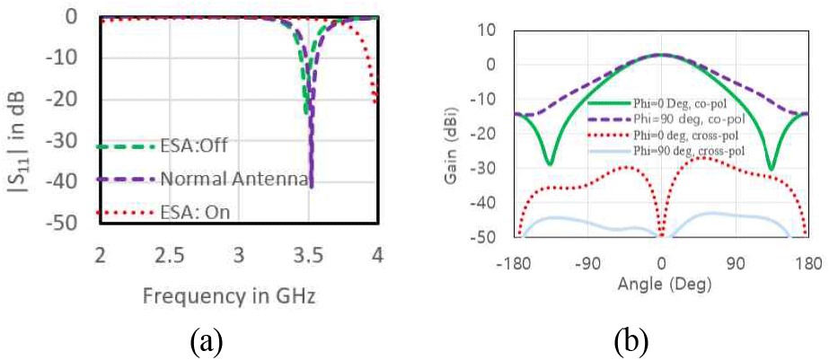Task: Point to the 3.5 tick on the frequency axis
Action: [308, 255]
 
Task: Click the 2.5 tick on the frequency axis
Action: [169, 255]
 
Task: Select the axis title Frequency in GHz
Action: [237, 295]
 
